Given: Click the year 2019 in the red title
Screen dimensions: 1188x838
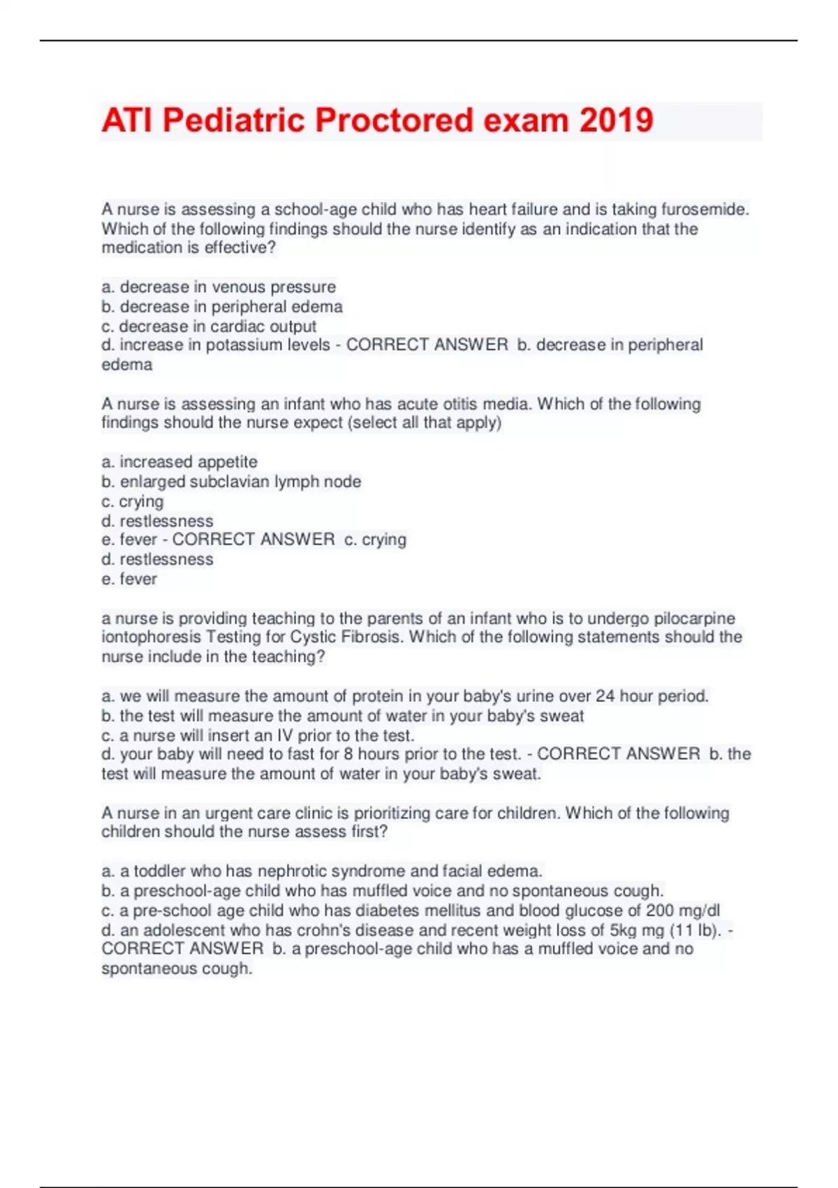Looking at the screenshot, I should (616, 120).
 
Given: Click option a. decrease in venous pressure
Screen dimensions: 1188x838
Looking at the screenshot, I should (219, 287).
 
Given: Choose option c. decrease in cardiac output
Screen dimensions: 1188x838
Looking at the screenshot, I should (209, 326).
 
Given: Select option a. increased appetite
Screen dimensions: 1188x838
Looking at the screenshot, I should (179, 462).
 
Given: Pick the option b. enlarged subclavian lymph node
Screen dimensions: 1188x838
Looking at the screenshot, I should (231, 481).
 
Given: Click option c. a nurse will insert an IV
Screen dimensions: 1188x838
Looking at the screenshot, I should (258, 735).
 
